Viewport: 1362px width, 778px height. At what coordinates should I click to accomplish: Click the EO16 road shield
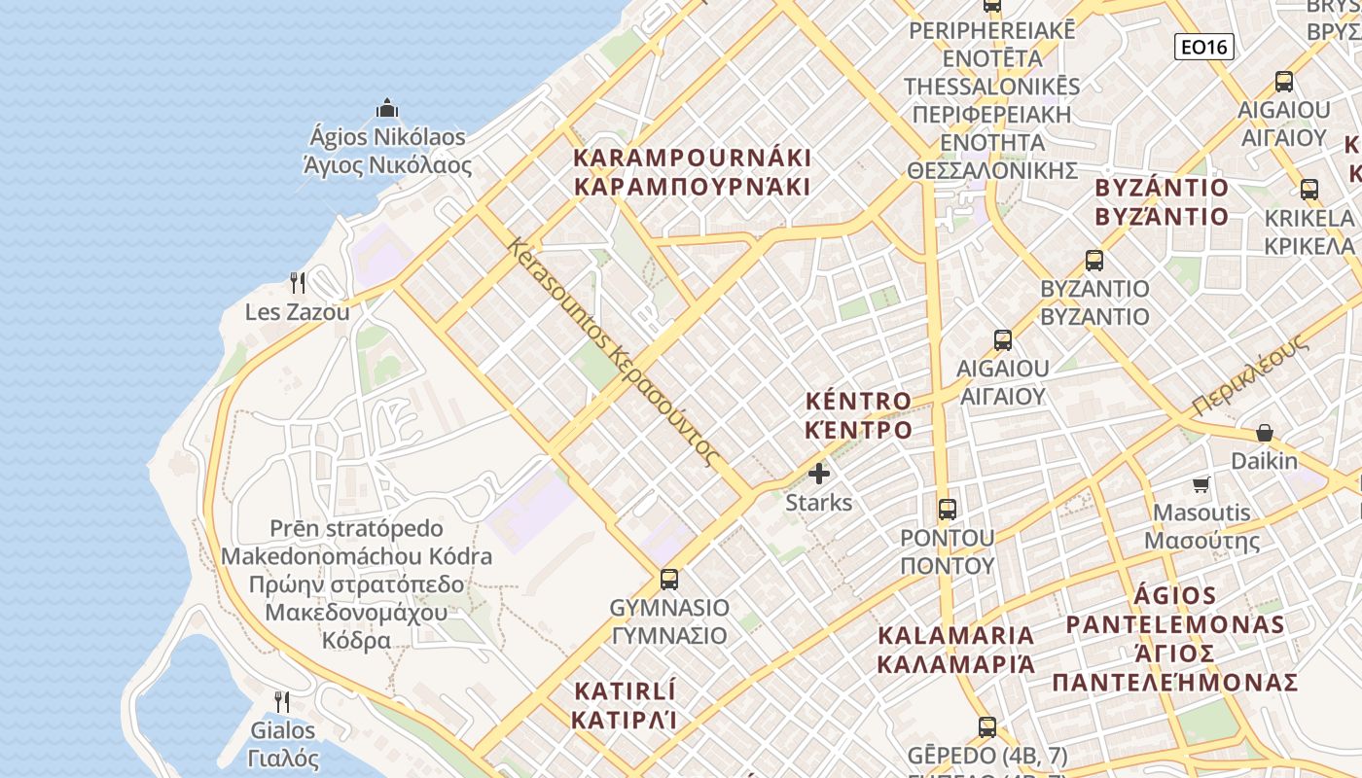(x=1203, y=47)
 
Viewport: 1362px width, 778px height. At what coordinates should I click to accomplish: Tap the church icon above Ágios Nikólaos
(x=387, y=108)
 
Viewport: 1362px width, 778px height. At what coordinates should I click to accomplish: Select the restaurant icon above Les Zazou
(x=298, y=283)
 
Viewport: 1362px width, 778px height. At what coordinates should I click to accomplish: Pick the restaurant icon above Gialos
(x=281, y=701)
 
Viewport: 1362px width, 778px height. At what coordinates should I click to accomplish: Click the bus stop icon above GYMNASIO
(x=669, y=580)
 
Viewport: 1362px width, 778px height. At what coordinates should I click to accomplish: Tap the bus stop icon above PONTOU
(x=947, y=509)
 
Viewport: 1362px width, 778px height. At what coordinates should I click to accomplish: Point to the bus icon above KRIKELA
(x=1309, y=190)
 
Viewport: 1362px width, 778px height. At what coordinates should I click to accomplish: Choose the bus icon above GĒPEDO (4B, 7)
(x=987, y=726)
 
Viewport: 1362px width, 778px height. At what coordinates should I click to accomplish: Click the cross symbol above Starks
(x=819, y=475)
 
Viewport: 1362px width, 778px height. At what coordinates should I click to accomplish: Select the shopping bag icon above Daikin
(x=1265, y=433)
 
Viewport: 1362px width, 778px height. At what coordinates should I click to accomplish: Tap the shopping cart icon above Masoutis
(x=1201, y=484)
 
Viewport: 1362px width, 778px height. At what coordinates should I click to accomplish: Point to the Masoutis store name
(x=1201, y=513)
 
